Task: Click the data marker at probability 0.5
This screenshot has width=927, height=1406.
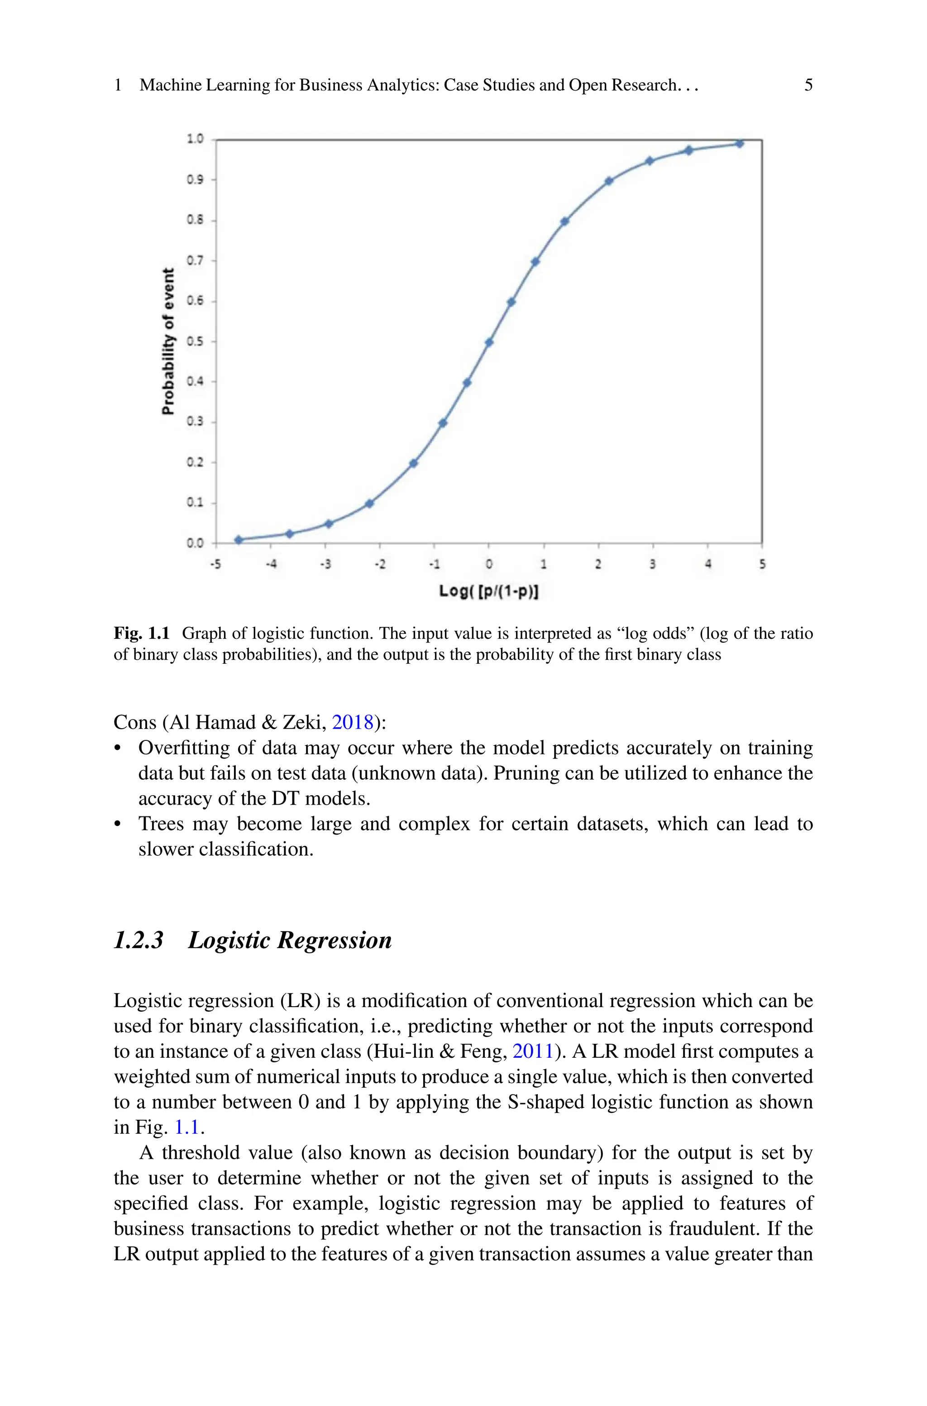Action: coord(489,342)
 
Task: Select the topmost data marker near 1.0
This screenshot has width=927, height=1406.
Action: coord(739,144)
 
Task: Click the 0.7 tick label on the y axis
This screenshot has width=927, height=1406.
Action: coord(195,260)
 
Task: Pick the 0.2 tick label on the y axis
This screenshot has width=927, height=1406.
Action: coord(195,462)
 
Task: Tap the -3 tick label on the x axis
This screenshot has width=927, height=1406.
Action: coord(325,564)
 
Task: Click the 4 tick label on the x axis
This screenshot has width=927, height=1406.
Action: coord(707,564)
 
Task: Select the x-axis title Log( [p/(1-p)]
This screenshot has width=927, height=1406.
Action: coord(488,591)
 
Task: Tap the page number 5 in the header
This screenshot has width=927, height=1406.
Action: coord(808,85)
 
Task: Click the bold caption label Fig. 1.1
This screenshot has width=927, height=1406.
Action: coord(141,633)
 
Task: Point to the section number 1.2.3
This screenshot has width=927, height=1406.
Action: coord(139,940)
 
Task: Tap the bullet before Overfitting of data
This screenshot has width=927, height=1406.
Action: coord(118,749)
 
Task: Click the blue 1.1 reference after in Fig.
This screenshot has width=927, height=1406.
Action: coord(187,1127)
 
